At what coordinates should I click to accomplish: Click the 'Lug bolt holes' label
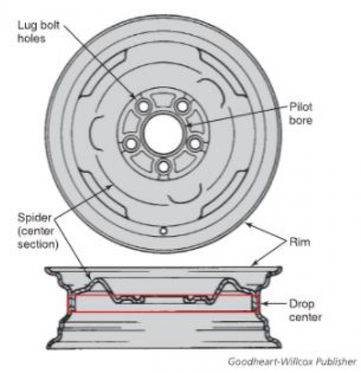click(39, 32)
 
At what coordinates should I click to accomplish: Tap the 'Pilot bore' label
click(301, 114)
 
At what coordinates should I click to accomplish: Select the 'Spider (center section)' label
click(38, 231)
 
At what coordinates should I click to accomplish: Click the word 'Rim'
click(299, 242)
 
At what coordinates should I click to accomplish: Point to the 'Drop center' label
click(305, 310)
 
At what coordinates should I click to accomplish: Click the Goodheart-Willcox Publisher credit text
click(292, 362)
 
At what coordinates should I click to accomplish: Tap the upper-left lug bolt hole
click(144, 106)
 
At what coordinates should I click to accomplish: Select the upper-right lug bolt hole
click(183, 106)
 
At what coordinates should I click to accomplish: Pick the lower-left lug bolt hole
click(131, 144)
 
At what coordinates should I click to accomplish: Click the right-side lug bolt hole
click(195, 144)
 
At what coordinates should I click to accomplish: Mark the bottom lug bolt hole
click(163, 167)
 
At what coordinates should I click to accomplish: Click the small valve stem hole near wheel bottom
click(163, 231)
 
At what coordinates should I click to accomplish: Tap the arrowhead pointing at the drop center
click(264, 303)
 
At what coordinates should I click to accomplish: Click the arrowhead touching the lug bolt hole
click(133, 96)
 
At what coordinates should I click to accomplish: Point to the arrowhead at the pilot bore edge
click(190, 124)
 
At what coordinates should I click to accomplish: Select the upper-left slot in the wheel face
click(103, 73)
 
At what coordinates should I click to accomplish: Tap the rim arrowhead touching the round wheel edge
click(249, 224)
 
